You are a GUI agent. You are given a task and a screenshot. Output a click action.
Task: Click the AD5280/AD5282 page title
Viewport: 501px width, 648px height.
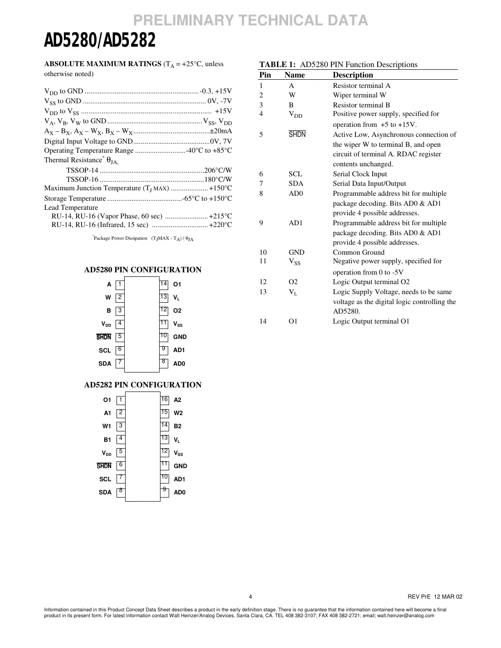coord(100,41)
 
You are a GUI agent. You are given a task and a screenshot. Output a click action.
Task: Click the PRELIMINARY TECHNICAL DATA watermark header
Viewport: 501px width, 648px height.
coord(251,20)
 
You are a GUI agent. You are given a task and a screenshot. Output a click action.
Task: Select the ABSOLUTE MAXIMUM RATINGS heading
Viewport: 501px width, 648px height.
coord(102,64)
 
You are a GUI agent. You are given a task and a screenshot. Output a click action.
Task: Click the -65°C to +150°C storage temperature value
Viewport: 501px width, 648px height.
coord(207,198)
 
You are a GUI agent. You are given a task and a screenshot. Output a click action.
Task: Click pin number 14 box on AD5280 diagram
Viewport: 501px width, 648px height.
coord(164,284)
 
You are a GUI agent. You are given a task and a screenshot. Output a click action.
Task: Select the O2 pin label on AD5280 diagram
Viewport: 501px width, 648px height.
coord(177,311)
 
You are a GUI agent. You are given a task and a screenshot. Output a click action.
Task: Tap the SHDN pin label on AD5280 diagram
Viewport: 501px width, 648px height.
coord(104,337)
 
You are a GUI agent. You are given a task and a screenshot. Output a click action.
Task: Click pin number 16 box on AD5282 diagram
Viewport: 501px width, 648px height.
coord(165,400)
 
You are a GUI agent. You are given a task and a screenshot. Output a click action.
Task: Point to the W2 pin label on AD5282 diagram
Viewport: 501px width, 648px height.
coord(178,413)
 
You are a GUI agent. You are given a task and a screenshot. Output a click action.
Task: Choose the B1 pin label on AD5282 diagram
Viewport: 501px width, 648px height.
coord(107,440)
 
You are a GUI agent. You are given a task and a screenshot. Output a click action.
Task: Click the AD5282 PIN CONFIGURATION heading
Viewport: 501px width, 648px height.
coord(142,385)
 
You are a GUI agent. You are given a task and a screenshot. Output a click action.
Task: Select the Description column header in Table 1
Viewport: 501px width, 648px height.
coord(353,75)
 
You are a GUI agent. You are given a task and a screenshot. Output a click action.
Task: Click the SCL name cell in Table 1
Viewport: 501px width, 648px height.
coord(295,174)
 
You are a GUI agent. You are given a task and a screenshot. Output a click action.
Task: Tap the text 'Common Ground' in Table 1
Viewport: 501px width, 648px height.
coord(358,252)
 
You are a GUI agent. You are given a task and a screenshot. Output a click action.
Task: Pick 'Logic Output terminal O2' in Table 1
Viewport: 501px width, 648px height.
coord(371,282)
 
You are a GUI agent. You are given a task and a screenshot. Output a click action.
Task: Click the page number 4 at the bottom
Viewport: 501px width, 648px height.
coord(250,597)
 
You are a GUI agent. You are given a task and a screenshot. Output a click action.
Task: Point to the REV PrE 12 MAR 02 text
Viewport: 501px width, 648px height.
coord(435,597)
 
